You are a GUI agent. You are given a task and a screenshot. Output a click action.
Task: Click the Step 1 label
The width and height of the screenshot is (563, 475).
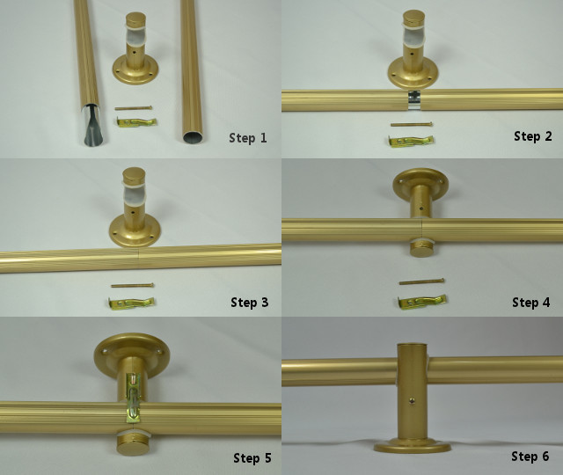point(248,137)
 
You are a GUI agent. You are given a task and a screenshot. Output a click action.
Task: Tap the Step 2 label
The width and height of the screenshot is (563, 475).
point(532,136)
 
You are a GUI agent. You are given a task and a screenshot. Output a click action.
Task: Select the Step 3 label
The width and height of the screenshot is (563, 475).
point(249,303)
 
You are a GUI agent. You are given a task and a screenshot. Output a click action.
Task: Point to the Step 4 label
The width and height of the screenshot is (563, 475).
point(531,303)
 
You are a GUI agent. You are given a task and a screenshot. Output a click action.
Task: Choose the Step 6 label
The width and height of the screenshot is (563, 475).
point(530,457)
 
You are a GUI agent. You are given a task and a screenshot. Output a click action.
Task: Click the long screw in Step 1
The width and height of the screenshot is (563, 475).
point(134,110)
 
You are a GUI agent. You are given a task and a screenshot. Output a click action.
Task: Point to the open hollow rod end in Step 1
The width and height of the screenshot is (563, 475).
point(192,135)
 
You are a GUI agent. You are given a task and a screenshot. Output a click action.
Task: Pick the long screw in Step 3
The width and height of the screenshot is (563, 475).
point(132,285)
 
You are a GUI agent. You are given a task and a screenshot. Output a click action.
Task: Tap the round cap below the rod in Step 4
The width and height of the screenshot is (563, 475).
point(422,246)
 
